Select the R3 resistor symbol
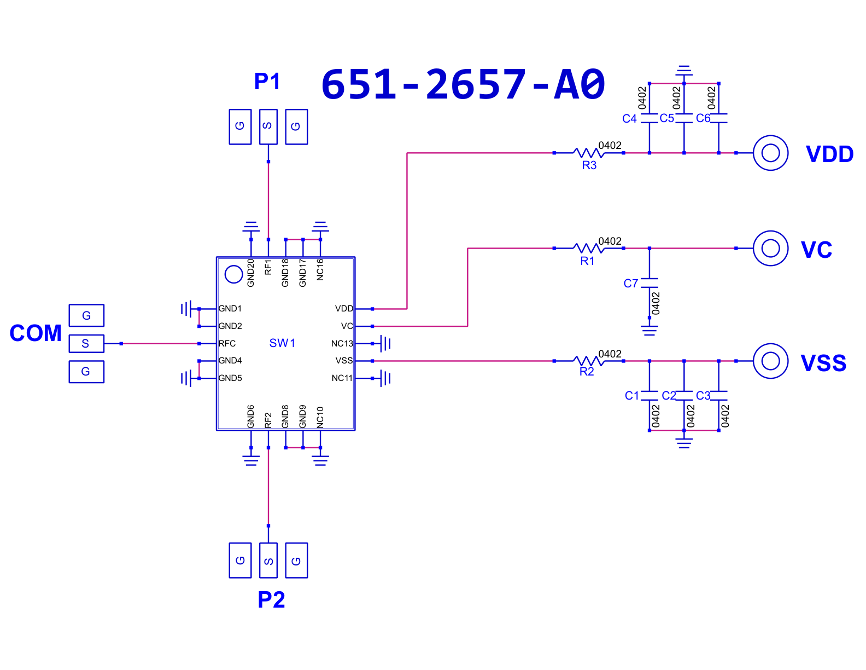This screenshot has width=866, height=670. coord(588,152)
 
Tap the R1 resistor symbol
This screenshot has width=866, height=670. coord(588,248)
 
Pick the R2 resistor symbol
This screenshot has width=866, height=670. coord(588,360)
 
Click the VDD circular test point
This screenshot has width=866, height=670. coord(770,153)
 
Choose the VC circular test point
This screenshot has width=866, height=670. coord(770,248)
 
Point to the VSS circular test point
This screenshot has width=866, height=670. coord(770,360)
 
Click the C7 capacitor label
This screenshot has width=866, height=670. coord(630,284)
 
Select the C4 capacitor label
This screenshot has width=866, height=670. coord(629,119)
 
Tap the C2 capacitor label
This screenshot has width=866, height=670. coord(668,395)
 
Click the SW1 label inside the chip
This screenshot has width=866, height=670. coord(282,343)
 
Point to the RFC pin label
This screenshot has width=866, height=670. coord(227,343)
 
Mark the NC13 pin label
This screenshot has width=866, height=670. coord(342,343)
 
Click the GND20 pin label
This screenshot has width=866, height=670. coord(250,273)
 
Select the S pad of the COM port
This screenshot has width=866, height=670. coord(86,343)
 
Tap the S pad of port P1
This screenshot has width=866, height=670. coord(268,126)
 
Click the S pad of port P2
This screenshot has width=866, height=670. coord(268,560)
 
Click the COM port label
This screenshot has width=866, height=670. coord(36,333)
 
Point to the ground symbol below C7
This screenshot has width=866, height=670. coord(649,330)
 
